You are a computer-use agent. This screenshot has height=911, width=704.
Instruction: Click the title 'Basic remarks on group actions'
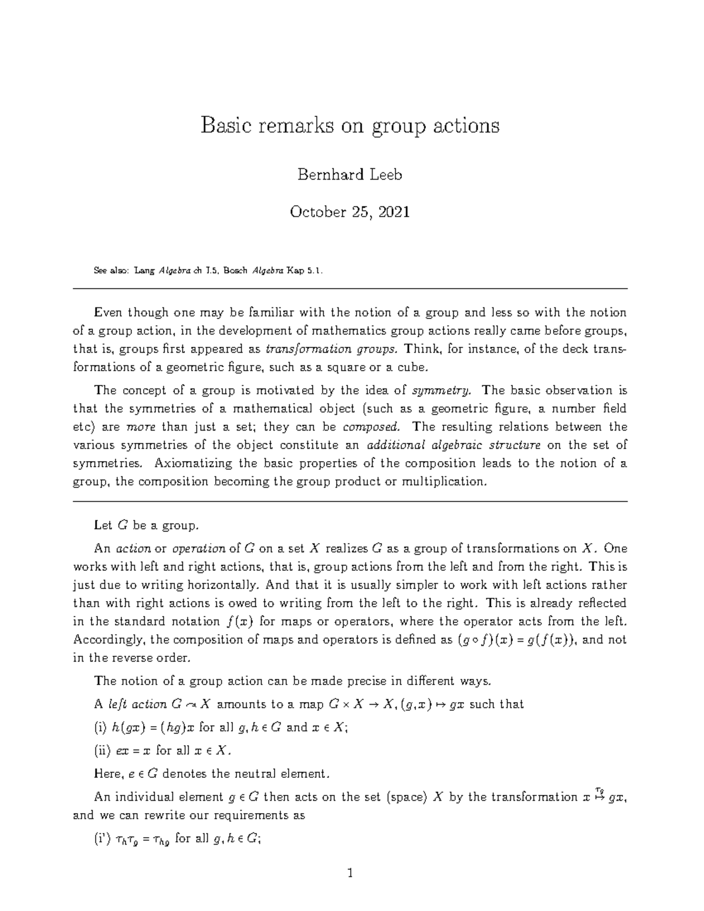[x=350, y=126]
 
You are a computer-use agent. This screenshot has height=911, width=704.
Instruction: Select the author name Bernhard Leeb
[x=350, y=175]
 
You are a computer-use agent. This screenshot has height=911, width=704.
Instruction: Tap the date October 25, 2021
[x=350, y=212]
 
